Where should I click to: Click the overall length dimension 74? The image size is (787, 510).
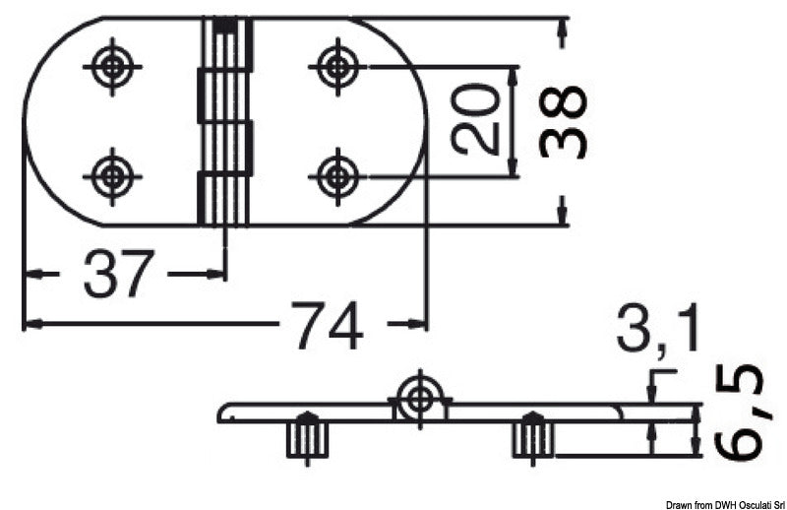coord(327,324)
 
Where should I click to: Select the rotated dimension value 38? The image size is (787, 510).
coord(563,121)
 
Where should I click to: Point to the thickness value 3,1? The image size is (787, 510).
coord(658,331)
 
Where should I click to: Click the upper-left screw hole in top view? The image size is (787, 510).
coord(113,67)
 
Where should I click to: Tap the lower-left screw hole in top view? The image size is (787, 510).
coord(113,177)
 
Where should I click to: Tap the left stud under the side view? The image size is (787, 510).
coord(305,436)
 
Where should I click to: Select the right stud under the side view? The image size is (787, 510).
coord(532,436)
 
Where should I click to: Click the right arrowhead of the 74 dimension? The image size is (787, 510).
coord(420,323)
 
